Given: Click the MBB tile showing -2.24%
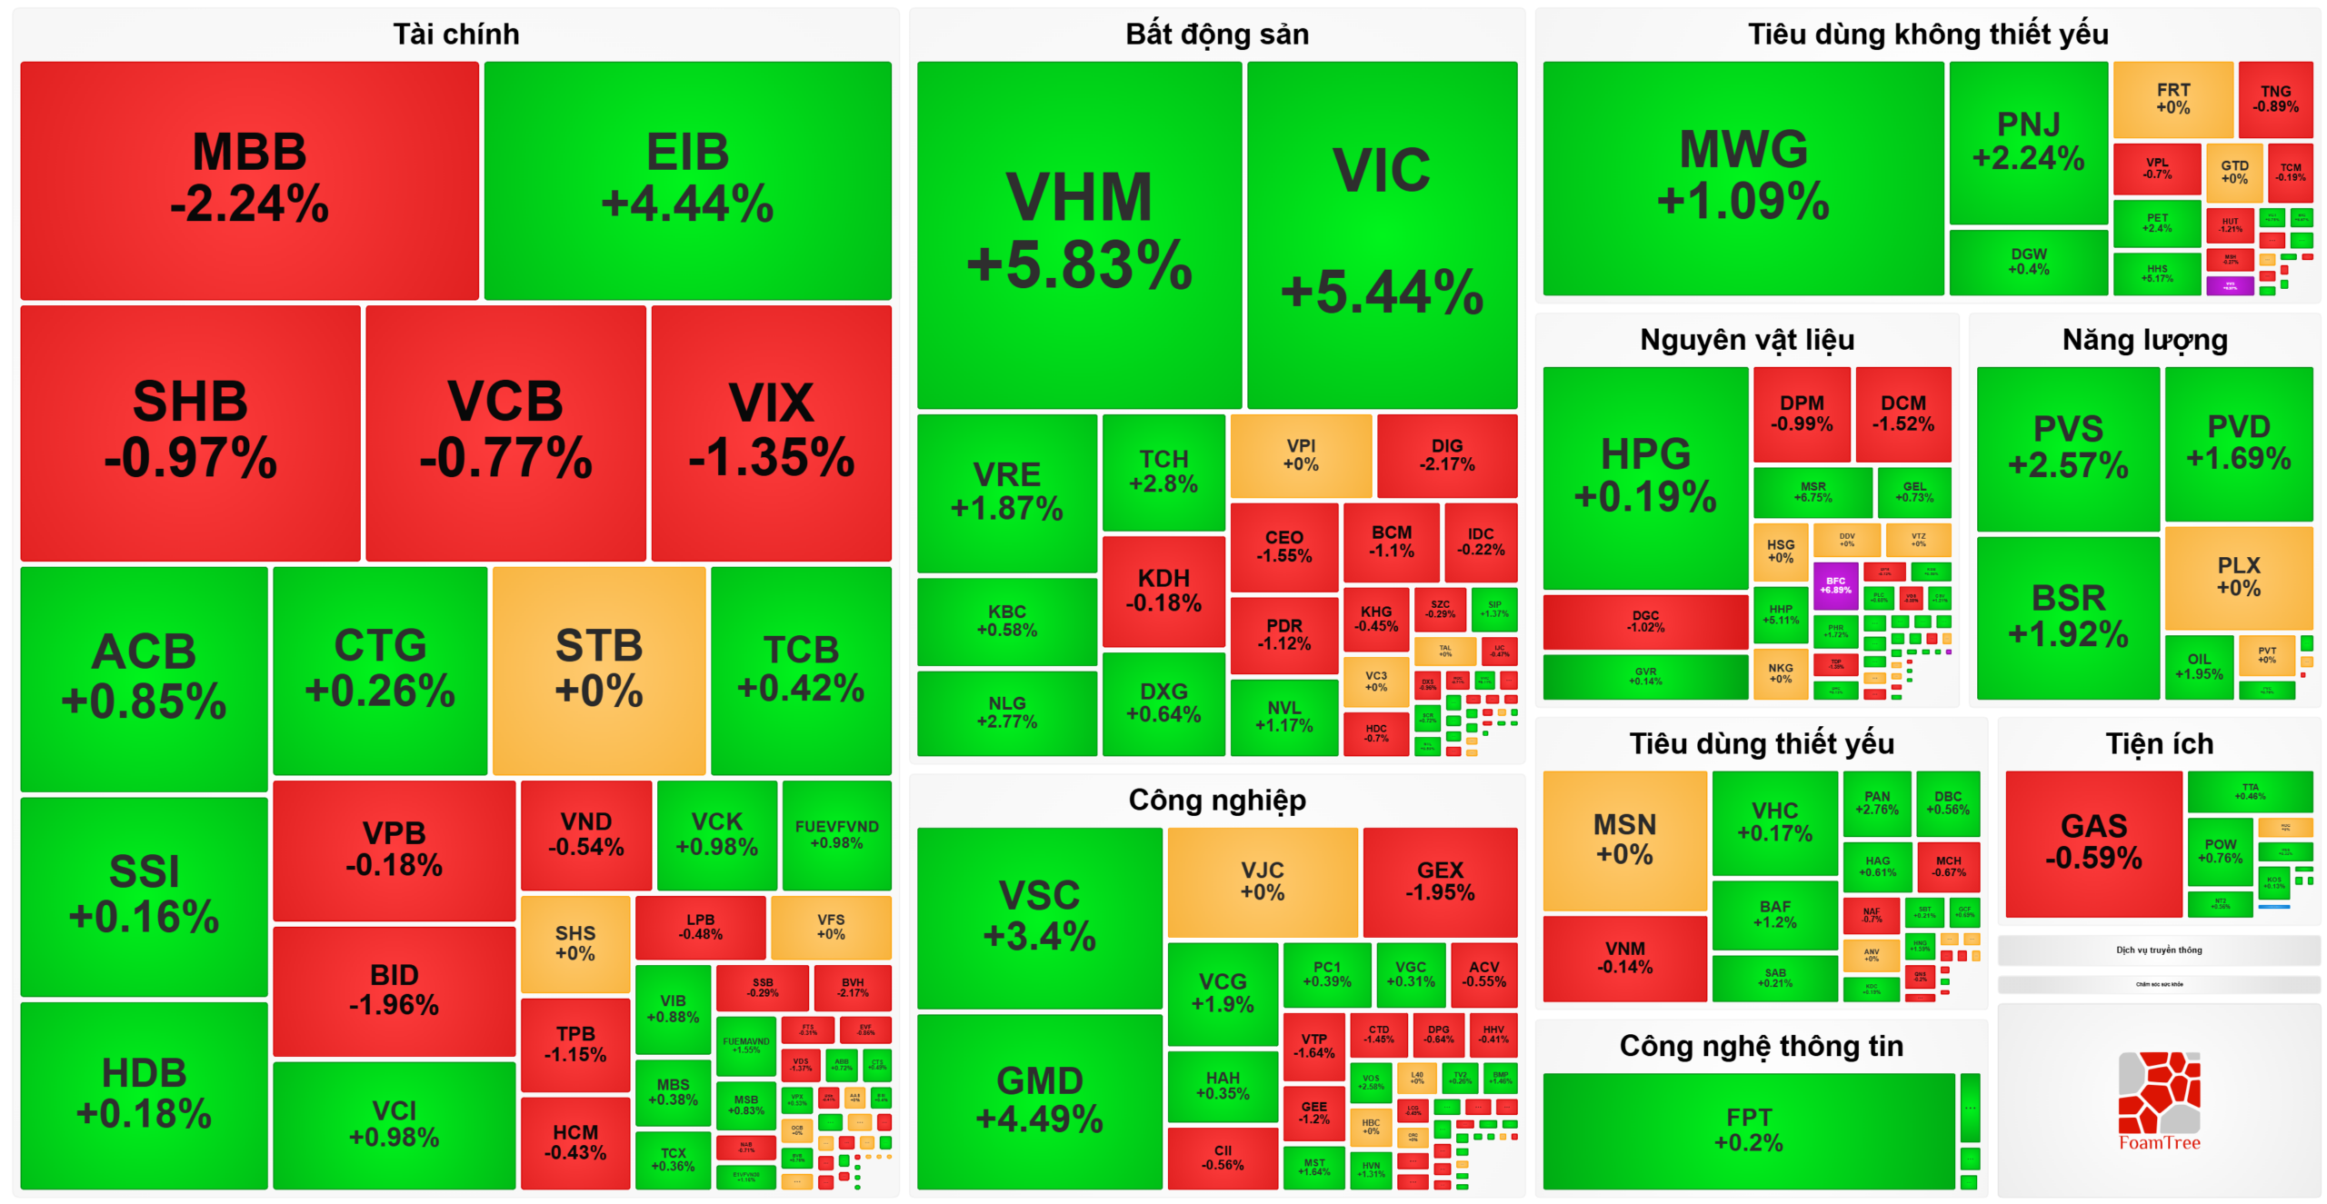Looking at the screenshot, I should click(x=249, y=179).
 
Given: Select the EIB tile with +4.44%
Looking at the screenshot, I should click(x=687, y=179).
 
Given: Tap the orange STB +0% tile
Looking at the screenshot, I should click(x=599, y=670).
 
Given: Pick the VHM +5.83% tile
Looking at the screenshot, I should click(x=1079, y=234).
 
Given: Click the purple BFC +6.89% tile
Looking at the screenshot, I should click(x=1835, y=585).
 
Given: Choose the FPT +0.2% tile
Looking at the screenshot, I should click(x=1748, y=1129).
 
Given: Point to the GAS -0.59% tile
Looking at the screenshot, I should click(x=2093, y=842).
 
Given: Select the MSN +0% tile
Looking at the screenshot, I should click(x=1624, y=840).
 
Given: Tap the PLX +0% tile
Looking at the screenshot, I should click(x=2238, y=577).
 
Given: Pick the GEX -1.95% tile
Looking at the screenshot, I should click(x=1440, y=881).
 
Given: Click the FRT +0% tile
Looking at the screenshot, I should click(x=2172, y=98).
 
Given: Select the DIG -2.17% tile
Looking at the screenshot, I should click(x=1447, y=454).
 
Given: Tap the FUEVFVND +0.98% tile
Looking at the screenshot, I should click(x=836, y=834).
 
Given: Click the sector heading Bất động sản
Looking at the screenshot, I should click(x=1217, y=35).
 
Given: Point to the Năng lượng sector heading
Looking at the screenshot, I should click(x=2144, y=340).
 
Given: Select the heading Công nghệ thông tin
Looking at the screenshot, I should click(x=1761, y=1046).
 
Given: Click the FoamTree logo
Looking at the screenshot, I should click(x=2159, y=1101).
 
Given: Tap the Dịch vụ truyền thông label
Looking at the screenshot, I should click(x=2159, y=950).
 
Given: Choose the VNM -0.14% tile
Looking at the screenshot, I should click(x=1624, y=958).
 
